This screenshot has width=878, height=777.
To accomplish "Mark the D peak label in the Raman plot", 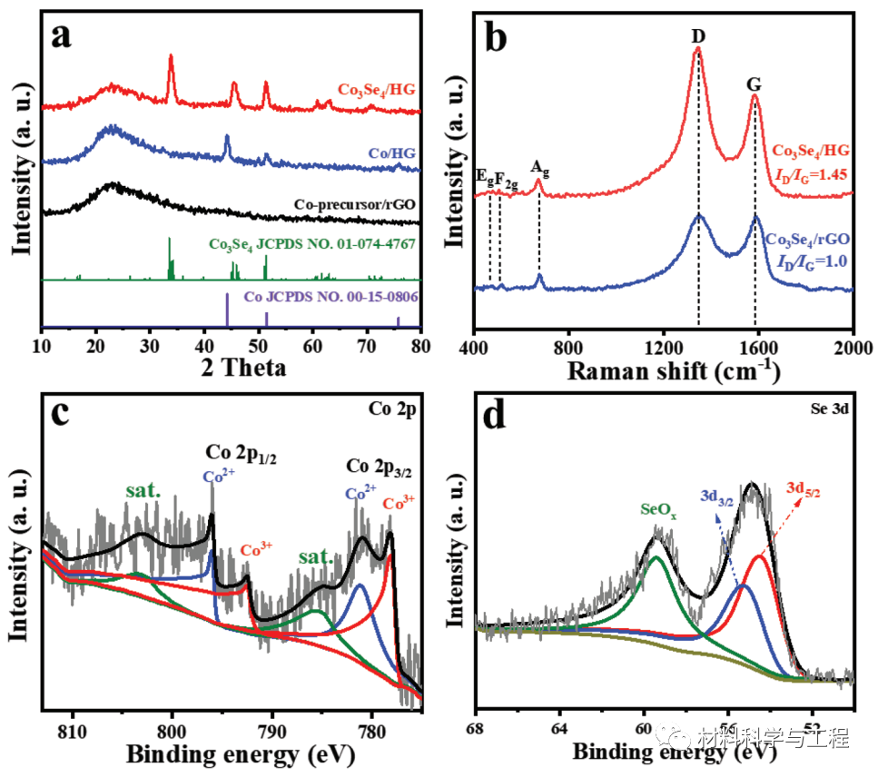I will tap(698, 36).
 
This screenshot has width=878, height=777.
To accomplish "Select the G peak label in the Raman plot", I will tap(754, 84).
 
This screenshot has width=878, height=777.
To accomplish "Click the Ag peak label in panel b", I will tap(539, 168).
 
